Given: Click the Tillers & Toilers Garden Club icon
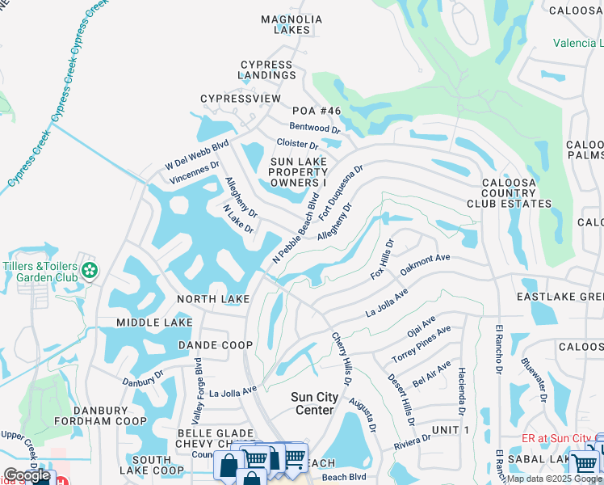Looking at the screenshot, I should click(90, 269).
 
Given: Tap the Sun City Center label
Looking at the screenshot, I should click(313, 403).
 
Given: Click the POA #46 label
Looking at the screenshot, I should click(317, 111).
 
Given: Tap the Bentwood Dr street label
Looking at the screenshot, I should click(316, 128).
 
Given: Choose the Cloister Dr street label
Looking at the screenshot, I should click(297, 144).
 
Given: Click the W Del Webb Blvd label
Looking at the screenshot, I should click(198, 150).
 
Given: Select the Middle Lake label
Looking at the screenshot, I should click(154, 323).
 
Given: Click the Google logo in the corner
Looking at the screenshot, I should click(27, 475).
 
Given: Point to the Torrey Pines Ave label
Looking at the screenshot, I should click(422, 343).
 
